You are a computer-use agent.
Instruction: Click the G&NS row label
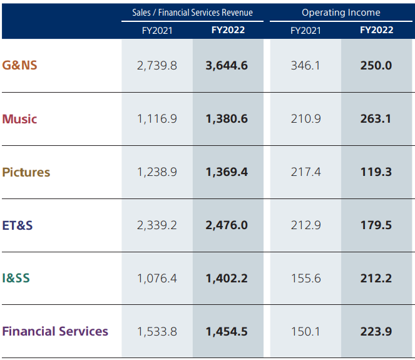[19, 65]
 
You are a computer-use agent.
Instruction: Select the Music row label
[19, 119]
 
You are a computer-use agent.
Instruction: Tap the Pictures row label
[26, 172]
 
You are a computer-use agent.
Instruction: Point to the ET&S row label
[18, 225]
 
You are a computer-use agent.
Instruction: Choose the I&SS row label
[16, 279]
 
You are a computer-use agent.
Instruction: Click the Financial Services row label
[55, 331]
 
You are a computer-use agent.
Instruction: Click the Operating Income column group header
[341, 13]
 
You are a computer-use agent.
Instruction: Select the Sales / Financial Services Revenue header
[192, 13]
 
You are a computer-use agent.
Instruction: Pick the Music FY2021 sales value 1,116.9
[156, 119]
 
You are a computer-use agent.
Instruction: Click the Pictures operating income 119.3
[376, 172]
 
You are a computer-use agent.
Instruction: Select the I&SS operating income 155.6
[305, 279]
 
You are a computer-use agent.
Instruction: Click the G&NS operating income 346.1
[305, 65]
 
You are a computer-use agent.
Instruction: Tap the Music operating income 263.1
[376, 119]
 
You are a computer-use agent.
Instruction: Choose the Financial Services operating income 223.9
[376, 332]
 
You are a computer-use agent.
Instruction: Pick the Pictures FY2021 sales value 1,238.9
[156, 172]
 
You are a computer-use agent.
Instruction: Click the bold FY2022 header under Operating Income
[376, 30]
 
